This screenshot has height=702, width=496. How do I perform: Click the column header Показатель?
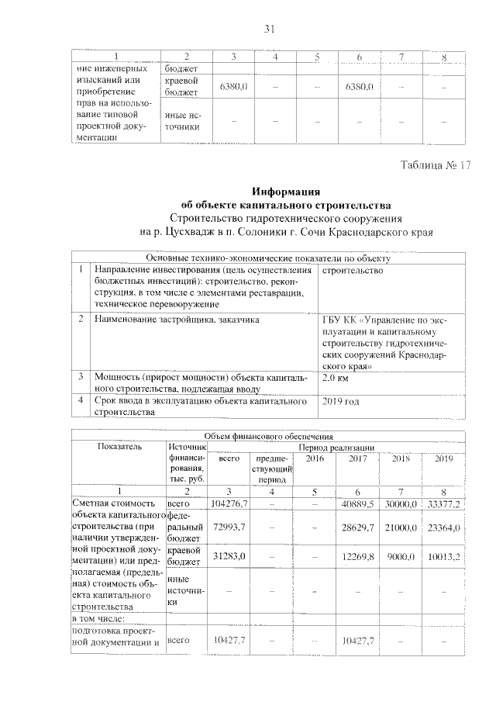(x=119, y=448)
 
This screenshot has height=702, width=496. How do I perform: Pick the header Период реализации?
(x=337, y=448)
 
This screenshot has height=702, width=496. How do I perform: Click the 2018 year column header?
(x=401, y=459)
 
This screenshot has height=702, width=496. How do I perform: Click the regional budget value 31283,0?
(x=230, y=557)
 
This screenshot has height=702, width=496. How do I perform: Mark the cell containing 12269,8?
(x=358, y=557)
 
